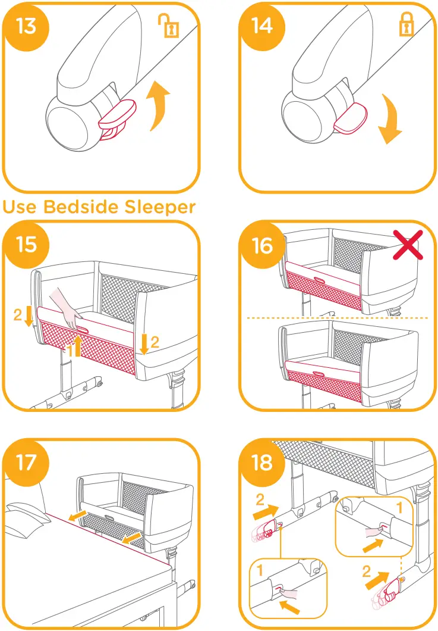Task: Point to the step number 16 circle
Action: pos(263,245)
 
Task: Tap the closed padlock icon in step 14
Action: pos(406,26)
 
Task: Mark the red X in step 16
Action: pos(410,244)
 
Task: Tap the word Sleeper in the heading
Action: pos(159,207)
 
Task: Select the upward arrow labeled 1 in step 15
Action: pos(76,345)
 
